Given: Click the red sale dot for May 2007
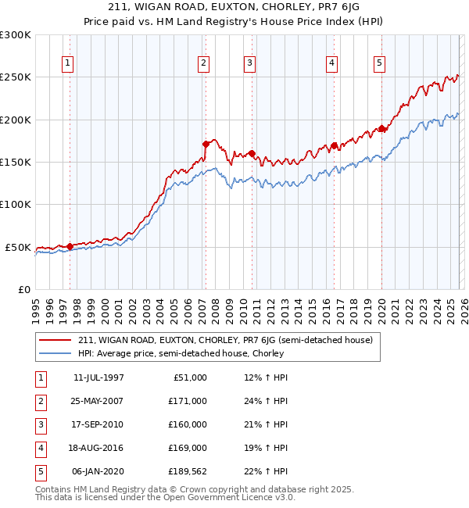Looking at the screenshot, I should (206, 144).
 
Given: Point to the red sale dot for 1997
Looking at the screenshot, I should (70, 246).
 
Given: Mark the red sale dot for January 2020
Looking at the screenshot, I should (381, 128).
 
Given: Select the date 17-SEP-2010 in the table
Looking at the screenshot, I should (98, 424).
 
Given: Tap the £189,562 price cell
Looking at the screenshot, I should (188, 471).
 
